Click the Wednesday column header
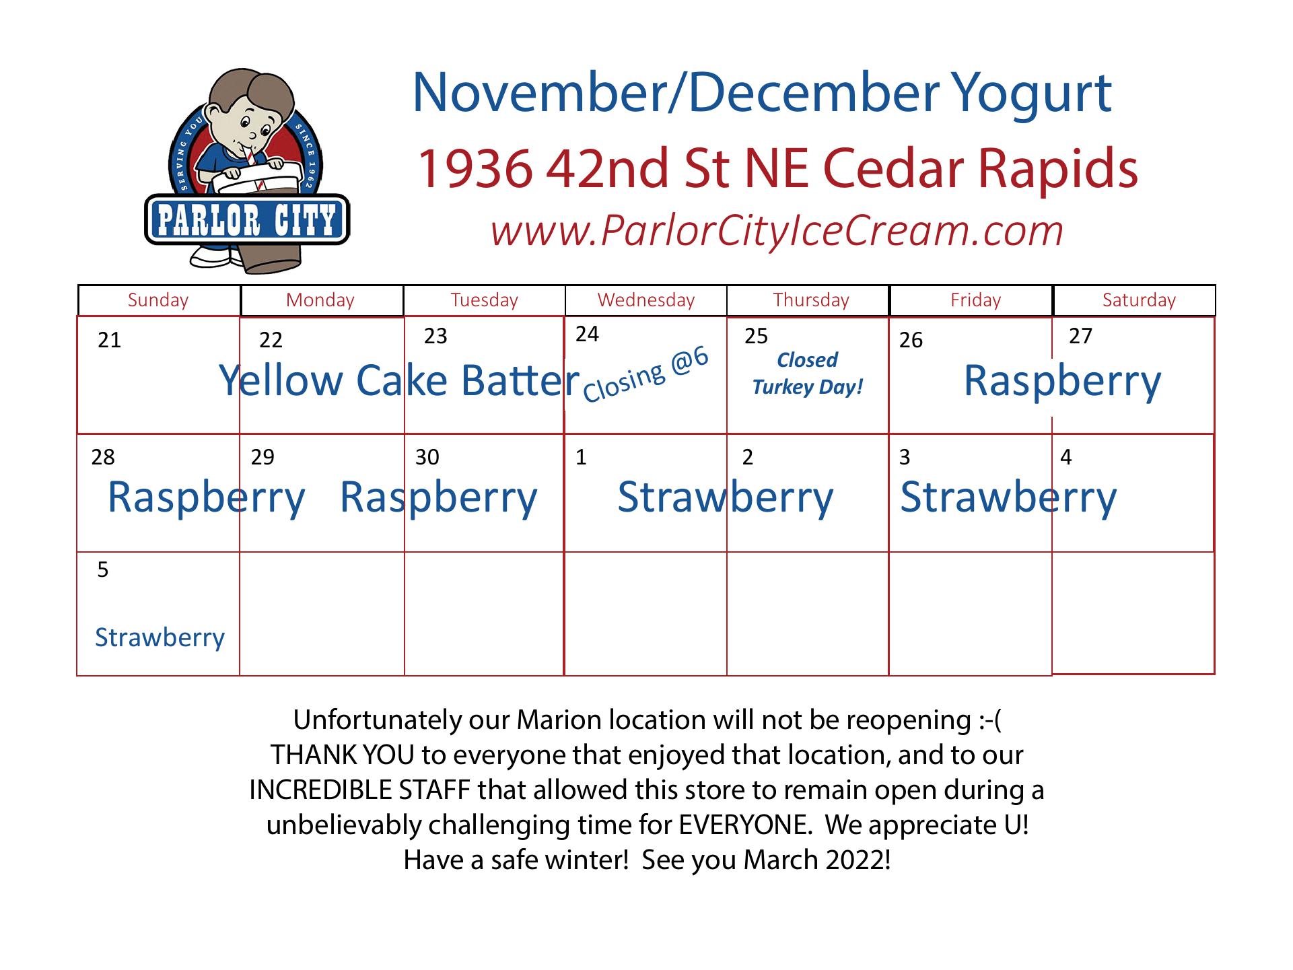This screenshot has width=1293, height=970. coord(646,300)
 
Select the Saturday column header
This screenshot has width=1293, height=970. coord(1139,300)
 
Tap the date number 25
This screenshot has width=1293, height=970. coord(756,336)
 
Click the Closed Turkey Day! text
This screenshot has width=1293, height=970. coord(808,374)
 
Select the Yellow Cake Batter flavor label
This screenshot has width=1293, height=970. coord(399,381)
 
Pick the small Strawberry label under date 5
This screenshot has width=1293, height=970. coord(160,637)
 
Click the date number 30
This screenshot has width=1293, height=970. coord(427,458)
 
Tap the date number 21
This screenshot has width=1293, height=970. coord(109,341)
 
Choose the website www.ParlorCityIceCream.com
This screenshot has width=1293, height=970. coord(777,230)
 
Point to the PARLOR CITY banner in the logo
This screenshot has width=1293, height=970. coord(247,219)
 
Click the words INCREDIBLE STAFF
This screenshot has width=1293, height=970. coord(359,790)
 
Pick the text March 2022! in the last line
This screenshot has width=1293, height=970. coord(817,860)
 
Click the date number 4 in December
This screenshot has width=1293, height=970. coord(1065,458)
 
